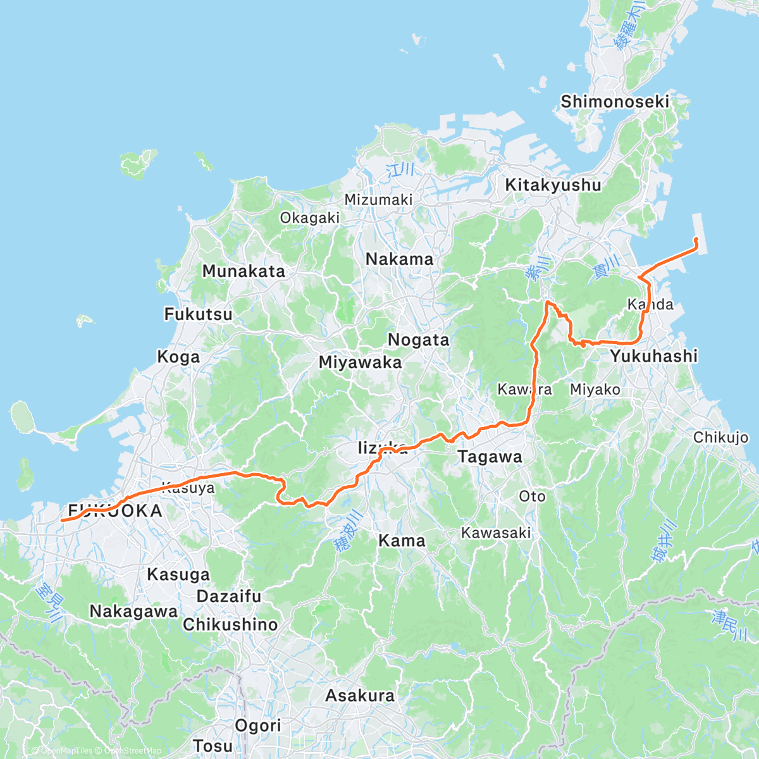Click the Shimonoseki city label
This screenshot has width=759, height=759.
[x=615, y=101]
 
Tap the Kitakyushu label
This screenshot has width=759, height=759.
[x=553, y=185]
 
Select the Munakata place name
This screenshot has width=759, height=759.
[x=244, y=271]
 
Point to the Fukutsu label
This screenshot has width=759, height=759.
[x=198, y=314]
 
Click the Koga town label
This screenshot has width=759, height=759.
[x=178, y=357]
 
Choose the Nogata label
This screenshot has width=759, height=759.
[x=418, y=340]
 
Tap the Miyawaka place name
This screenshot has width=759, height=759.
[x=360, y=362]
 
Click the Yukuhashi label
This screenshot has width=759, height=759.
[x=654, y=356]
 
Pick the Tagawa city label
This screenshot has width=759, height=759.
[x=490, y=457]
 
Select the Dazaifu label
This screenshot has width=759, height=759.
[x=229, y=596]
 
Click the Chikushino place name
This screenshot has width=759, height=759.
[x=230, y=625]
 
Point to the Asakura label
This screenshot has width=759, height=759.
[x=360, y=696]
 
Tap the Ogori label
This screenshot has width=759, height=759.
[x=258, y=725]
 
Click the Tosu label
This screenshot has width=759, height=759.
[x=213, y=746]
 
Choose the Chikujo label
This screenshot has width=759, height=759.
[x=720, y=438]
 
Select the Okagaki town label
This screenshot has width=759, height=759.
[x=310, y=218]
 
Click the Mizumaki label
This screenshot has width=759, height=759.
[x=378, y=200]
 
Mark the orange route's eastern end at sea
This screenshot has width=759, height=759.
[x=696, y=238]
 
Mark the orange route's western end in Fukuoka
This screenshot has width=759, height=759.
[x=61, y=520]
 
